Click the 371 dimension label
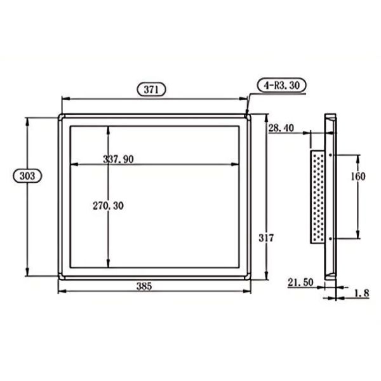152,90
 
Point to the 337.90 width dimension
118,159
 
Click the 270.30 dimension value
108,206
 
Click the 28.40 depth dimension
280,128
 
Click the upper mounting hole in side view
332,154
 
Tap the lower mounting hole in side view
332,238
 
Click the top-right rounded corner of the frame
249,117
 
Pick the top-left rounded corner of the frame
61,117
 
